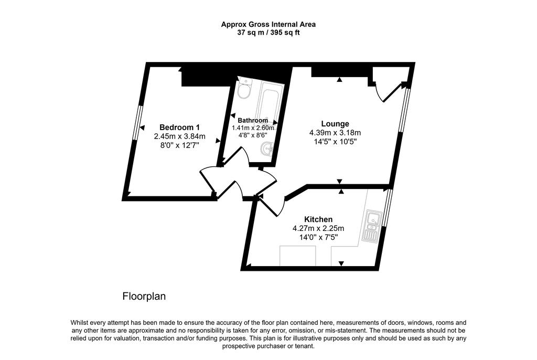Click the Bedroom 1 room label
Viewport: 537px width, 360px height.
tap(179, 127)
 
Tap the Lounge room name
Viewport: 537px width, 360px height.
tap(335, 124)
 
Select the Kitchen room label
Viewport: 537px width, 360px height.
tap(318, 219)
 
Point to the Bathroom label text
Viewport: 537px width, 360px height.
tap(253, 120)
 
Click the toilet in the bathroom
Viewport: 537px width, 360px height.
tap(244, 89)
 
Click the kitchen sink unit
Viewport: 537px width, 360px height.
tap(372, 226)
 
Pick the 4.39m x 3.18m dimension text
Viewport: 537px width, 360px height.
tap(335, 133)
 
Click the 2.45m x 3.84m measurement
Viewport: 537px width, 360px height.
tap(179, 136)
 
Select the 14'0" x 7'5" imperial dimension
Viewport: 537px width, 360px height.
tap(318, 237)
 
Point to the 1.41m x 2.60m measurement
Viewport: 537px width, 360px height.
tap(253, 128)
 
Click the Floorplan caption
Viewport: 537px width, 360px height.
tap(144, 296)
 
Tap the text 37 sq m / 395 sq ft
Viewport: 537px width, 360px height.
tap(268, 33)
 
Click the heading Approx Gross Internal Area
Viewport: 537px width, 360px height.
tap(268, 24)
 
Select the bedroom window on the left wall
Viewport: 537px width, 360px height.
tap(137, 122)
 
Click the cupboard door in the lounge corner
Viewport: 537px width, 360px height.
tap(391, 92)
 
